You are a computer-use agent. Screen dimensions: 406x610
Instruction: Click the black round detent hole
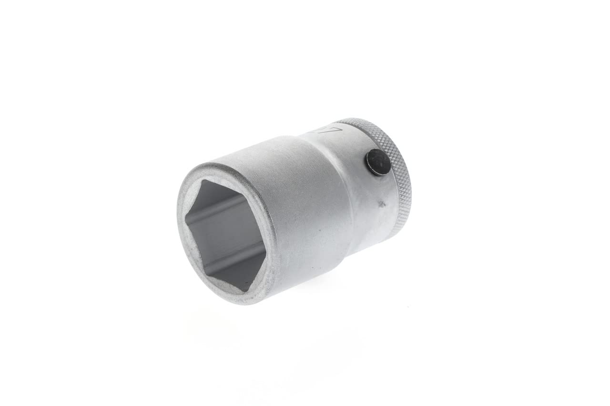tap(378, 162)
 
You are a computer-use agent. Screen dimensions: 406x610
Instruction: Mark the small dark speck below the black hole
tap(381, 205)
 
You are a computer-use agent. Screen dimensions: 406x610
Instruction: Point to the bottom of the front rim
tap(248, 303)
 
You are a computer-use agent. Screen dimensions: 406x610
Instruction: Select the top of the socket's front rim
tap(210, 165)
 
